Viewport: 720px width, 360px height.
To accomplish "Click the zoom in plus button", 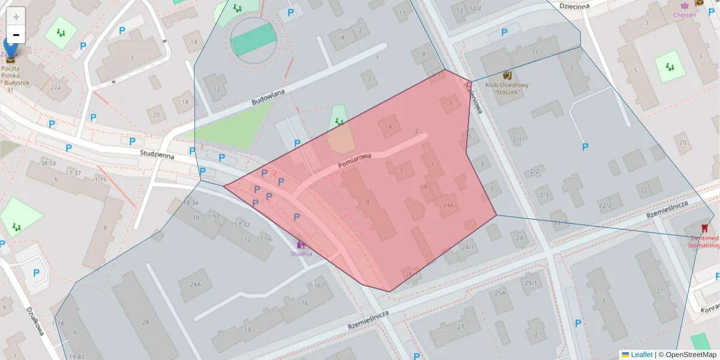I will (16, 16).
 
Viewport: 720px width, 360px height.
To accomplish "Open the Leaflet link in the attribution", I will (641, 355).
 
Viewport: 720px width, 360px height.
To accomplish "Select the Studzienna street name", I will (157, 154).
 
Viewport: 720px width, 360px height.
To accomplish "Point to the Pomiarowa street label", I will (355, 159).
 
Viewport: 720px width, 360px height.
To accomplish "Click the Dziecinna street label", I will (574, 6).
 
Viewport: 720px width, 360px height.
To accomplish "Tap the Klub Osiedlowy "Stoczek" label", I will (507, 88).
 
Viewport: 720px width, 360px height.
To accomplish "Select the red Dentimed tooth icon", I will (704, 228).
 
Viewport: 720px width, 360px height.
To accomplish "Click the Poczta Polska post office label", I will (19, 76).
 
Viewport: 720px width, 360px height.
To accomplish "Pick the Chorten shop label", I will (685, 15).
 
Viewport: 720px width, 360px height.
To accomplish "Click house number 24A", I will (447, 205).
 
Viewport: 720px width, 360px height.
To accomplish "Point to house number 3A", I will (424, 187).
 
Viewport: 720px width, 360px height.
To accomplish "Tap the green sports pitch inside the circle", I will (254, 40).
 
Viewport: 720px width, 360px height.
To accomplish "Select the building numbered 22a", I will (55, 88).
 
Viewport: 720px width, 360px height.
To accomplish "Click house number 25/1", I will (530, 283).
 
